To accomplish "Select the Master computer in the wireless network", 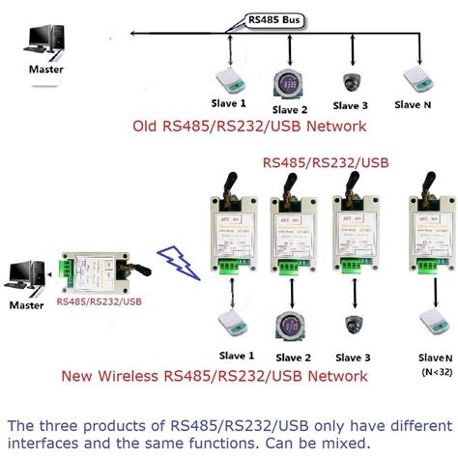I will point(24,274).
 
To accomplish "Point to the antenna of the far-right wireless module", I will point(424,187).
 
